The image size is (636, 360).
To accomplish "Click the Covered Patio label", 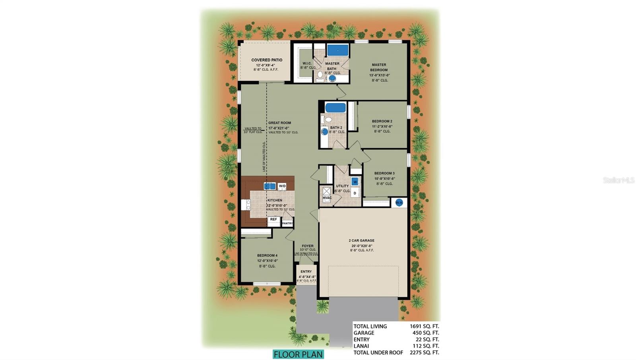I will pyautogui.click(x=266, y=60).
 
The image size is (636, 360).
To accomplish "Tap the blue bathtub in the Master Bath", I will pyautogui.click(x=337, y=50).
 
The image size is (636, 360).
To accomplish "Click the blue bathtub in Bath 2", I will pyautogui.click(x=335, y=108).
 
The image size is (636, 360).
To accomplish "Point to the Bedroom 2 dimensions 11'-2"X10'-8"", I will pyautogui.click(x=382, y=126).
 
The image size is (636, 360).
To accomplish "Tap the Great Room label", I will pyautogui.click(x=279, y=123).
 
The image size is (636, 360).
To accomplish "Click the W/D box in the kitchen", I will pyautogui.click(x=282, y=186).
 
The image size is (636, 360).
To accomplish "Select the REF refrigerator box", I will pyautogui.click(x=273, y=220).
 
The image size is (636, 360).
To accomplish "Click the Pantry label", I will pyautogui.click(x=287, y=223).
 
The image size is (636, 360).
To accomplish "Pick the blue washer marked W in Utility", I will pyautogui.click(x=355, y=182).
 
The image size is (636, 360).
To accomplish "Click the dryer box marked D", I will pyautogui.click(x=355, y=193).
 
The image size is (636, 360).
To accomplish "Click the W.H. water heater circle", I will pyautogui.click(x=399, y=203).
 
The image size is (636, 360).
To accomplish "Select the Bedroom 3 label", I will pyautogui.click(x=384, y=173).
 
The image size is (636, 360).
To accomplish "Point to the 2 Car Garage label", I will pyautogui.click(x=362, y=240).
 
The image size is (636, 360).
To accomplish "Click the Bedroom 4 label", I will pyautogui.click(x=267, y=255).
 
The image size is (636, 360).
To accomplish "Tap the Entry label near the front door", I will pyautogui.click(x=306, y=272).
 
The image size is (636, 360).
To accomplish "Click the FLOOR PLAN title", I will pyautogui.click(x=298, y=354).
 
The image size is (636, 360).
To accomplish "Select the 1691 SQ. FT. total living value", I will pyautogui.click(x=424, y=326).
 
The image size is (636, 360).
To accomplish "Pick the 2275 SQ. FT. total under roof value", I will pyautogui.click(x=424, y=352).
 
